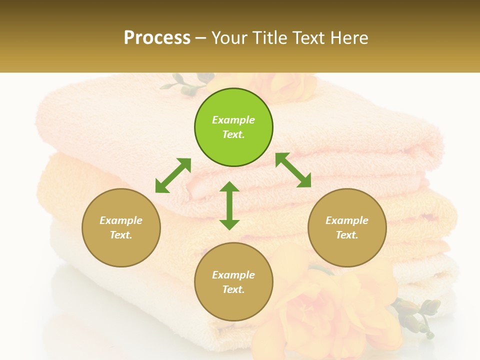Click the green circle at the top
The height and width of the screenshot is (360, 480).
point(233,127)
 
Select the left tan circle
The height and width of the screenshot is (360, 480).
point(121,227)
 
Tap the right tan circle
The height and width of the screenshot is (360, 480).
point(347,227)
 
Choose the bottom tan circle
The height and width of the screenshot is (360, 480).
point(233,282)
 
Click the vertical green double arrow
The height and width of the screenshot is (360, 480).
point(229,205)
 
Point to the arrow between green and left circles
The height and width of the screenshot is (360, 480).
point(173,175)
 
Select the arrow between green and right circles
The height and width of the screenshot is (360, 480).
point(293,170)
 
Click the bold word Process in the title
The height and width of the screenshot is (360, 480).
point(157,37)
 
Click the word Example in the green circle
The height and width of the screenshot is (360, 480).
point(233,120)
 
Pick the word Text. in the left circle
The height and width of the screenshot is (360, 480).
point(121,235)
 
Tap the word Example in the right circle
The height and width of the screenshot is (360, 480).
point(347,220)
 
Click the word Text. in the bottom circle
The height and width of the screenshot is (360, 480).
point(233,289)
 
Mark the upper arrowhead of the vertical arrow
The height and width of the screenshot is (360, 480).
point(229,188)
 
